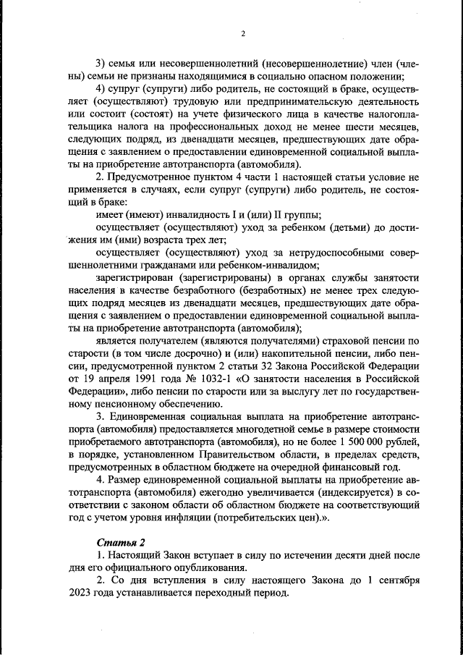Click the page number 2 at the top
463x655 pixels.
(x=242, y=33)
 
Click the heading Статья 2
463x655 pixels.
(x=118, y=542)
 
